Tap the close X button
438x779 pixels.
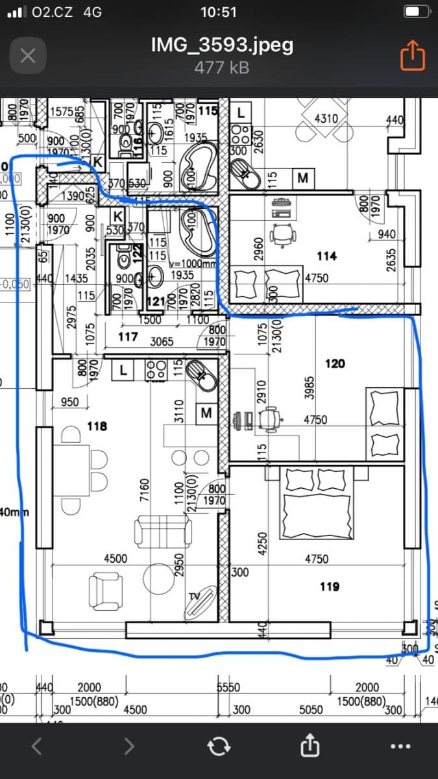(27, 55)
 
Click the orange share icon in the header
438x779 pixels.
(412, 55)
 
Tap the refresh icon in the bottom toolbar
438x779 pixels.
(219, 747)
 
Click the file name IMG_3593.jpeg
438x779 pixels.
(222, 45)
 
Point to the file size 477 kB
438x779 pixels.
(222, 67)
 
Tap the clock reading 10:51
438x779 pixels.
(219, 12)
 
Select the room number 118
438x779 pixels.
(97, 427)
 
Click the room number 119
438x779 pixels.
(330, 587)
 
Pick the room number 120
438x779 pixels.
(335, 364)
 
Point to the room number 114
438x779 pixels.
(326, 256)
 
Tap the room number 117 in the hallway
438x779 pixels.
(128, 337)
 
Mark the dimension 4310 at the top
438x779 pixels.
(326, 119)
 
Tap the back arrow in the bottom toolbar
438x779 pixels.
(36, 747)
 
